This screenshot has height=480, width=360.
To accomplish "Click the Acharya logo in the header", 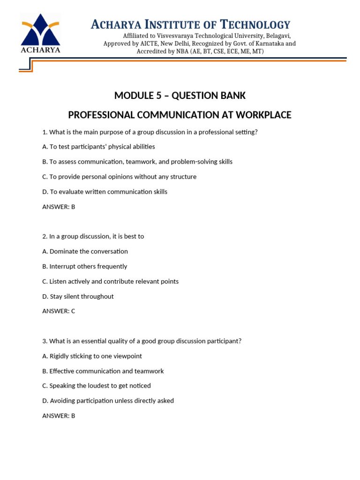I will tap(40, 33).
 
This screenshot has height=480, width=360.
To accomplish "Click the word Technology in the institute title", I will tap(255, 24).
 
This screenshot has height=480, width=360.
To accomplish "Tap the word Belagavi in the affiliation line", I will tap(277, 36).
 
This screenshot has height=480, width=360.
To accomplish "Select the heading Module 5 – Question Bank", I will tap(180, 96).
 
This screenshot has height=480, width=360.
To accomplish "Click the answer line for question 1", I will tap(59, 207).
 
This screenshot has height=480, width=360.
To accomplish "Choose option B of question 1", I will tap(137, 162).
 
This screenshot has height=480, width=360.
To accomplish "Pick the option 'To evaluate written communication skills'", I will tap(105, 192).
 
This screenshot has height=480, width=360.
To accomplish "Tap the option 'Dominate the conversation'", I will tap(85, 251).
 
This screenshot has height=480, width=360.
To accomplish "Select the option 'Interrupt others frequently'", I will tap(85, 266).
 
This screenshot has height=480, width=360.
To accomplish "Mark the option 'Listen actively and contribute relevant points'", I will tap(110, 281).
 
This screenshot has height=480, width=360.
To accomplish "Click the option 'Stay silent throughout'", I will tap(78, 296).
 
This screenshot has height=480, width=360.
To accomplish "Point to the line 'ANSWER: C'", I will tap(59, 311).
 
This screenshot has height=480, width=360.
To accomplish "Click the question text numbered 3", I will tap(142, 341).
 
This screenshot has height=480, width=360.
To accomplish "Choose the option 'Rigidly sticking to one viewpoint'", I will tap(92, 356).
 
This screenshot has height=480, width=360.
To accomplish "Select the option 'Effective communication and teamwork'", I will tap(103, 371).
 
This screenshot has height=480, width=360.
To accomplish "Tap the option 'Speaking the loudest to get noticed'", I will tap(97, 386).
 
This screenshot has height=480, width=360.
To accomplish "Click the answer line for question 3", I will tap(59, 416).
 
